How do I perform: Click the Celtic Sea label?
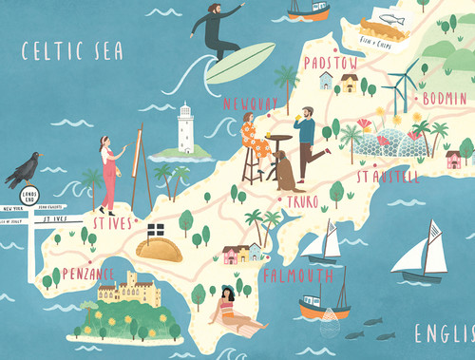[x=73, y=49]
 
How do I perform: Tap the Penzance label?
[x=87, y=274]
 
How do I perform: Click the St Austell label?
[x=387, y=176]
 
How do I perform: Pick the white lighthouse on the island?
[x=185, y=128]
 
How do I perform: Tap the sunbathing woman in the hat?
[x=233, y=309]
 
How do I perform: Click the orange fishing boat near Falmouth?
[x=322, y=307]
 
